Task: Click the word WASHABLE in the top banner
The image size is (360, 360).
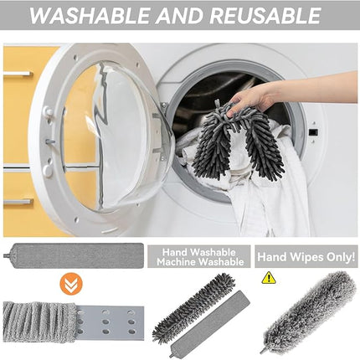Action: tap(90, 15)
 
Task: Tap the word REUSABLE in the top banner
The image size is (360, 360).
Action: tap(265, 15)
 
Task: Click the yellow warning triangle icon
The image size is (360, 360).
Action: tap(269, 278)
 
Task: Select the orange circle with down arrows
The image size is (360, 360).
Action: tap(71, 284)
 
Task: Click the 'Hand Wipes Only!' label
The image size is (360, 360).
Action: tap(306, 257)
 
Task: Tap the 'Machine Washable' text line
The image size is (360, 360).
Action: tap(200, 262)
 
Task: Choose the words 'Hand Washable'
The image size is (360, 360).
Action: tap(198, 252)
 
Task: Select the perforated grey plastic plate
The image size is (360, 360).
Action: tap(111, 321)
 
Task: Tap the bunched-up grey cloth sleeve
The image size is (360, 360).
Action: tap(40, 321)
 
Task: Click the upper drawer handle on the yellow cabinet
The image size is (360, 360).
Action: tap(18, 74)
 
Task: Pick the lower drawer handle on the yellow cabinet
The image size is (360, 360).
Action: tap(18, 202)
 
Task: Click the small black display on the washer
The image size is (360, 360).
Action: tap(315, 132)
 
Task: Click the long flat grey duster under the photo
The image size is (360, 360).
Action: tap(75, 255)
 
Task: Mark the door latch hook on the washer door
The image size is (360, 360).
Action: tap(49, 141)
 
